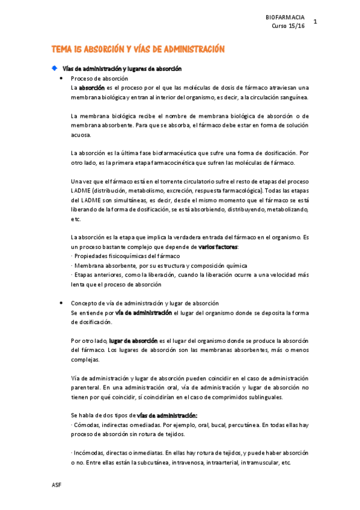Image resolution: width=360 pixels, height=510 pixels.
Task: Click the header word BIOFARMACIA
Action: pos(285,17)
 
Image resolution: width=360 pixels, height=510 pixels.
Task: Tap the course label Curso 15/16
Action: pos(288,26)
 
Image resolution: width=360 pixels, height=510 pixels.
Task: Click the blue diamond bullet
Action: pos(54,68)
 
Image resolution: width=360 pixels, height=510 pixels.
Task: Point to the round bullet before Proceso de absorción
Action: pos(62,79)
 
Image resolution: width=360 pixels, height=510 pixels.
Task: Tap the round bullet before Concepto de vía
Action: pos(62,303)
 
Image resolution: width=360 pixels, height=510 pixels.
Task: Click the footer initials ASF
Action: pos(56,485)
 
